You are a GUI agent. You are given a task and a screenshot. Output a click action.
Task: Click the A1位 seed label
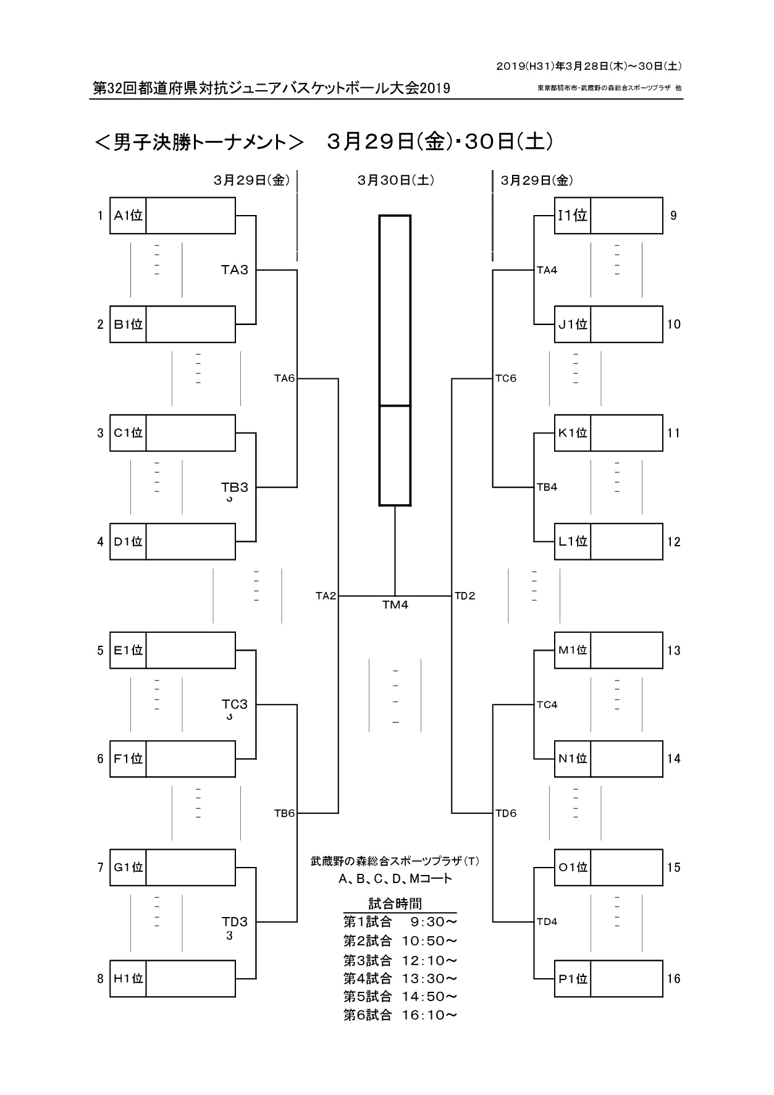(x=128, y=216)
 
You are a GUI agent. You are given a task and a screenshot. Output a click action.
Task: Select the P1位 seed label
(x=573, y=979)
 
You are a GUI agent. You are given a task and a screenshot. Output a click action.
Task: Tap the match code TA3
(x=235, y=270)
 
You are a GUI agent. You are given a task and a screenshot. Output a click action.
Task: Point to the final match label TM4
(x=395, y=605)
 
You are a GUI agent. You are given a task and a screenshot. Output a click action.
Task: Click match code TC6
(x=506, y=379)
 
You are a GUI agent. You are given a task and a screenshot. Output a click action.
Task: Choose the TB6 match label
(x=284, y=813)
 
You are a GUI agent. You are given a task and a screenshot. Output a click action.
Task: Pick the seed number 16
(x=673, y=979)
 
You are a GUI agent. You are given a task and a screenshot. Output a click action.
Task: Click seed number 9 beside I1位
(x=673, y=216)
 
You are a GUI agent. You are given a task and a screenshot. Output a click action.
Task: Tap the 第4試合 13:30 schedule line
(x=400, y=978)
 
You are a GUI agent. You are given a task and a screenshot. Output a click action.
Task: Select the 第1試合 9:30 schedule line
(x=400, y=922)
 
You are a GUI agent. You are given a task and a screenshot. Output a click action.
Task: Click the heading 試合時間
(x=395, y=904)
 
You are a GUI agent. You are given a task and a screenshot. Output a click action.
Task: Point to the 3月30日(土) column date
(x=395, y=180)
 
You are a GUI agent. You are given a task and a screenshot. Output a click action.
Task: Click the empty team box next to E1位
(x=190, y=650)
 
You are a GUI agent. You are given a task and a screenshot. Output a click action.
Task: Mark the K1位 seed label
(x=573, y=433)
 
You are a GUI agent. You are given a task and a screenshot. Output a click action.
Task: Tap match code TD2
(x=465, y=596)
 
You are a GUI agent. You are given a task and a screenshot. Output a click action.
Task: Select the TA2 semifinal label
(x=326, y=596)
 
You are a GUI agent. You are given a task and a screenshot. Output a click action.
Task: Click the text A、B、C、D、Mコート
(x=395, y=879)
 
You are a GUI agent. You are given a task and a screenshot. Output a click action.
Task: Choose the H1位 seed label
(x=128, y=979)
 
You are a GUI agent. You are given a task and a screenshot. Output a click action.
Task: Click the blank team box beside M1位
(x=626, y=650)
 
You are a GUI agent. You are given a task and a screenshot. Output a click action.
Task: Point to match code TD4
(x=547, y=922)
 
